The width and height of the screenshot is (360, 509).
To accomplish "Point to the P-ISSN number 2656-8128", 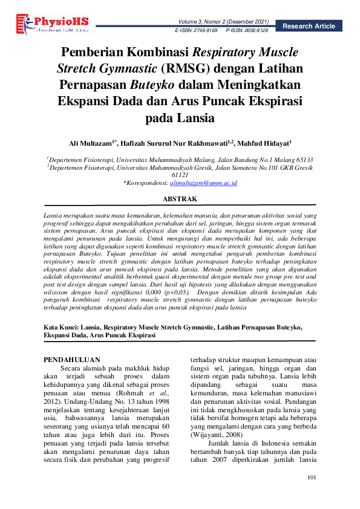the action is tap(254, 29).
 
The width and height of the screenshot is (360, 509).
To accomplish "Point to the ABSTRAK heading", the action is tap(180, 198).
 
